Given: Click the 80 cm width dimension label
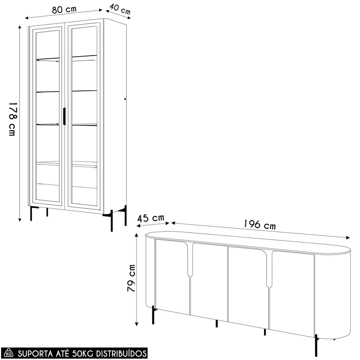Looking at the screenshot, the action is pos(64,10).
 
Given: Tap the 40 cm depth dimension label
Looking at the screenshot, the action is pos(120,9).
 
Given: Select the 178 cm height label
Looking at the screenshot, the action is pos(12,119).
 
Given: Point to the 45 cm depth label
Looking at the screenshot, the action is pos(150,218).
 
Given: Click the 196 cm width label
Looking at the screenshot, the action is pos(260,224).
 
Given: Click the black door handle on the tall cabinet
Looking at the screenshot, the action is pos(64,116).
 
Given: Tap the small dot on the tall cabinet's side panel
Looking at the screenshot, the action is pos(125,99).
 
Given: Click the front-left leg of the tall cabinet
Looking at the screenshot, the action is pos(31,213).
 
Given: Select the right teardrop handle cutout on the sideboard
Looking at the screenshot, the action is pos(269,270).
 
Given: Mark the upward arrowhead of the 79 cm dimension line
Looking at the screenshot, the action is pos(136,235).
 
